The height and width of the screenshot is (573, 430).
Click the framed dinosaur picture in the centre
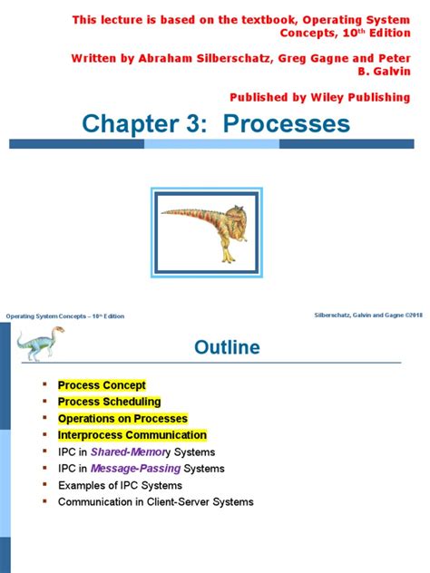(215, 227)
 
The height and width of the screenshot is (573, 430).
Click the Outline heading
(227, 348)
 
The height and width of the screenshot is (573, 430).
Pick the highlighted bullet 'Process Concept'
(102, 385)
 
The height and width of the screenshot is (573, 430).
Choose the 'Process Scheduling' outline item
(109, 402)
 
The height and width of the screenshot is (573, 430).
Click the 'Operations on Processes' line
(122, 419)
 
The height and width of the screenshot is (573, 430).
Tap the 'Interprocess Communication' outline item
(132, 435)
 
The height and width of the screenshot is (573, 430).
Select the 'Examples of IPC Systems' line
(119, 485)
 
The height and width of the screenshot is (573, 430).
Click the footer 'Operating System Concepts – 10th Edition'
(65, 316)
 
